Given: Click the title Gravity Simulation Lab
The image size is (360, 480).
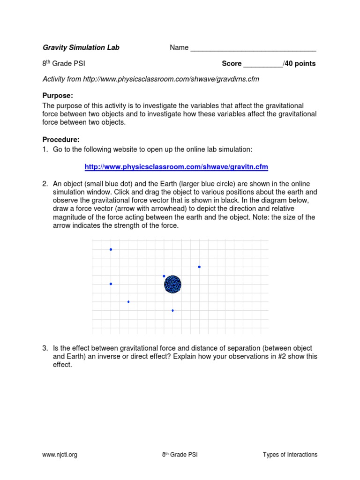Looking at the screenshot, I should [x=81, y=48].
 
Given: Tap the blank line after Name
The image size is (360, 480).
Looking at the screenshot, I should [x=253, y=49].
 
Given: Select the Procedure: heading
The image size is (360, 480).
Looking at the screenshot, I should [x=61, y=139].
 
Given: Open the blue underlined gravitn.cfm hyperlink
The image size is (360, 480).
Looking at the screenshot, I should [x=176, y=167].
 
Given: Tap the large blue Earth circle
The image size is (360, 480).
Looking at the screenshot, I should [x=172, y=284].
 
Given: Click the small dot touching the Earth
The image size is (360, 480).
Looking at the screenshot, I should [x=164, y=276].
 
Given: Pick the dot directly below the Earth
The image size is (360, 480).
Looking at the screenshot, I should [x=172, y=310].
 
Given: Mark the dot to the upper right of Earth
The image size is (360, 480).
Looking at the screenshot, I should [x=199, y=267].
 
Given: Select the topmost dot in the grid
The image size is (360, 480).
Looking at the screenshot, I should [x=111, y=249].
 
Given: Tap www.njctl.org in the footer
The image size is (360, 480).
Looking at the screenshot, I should [x=60, y=455].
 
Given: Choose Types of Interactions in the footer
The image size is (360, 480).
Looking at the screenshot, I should [x=290, y=455].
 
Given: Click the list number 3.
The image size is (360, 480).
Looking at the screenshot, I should [x=45, y=348].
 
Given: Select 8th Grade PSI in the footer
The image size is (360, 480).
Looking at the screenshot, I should [x=180, y=455].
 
